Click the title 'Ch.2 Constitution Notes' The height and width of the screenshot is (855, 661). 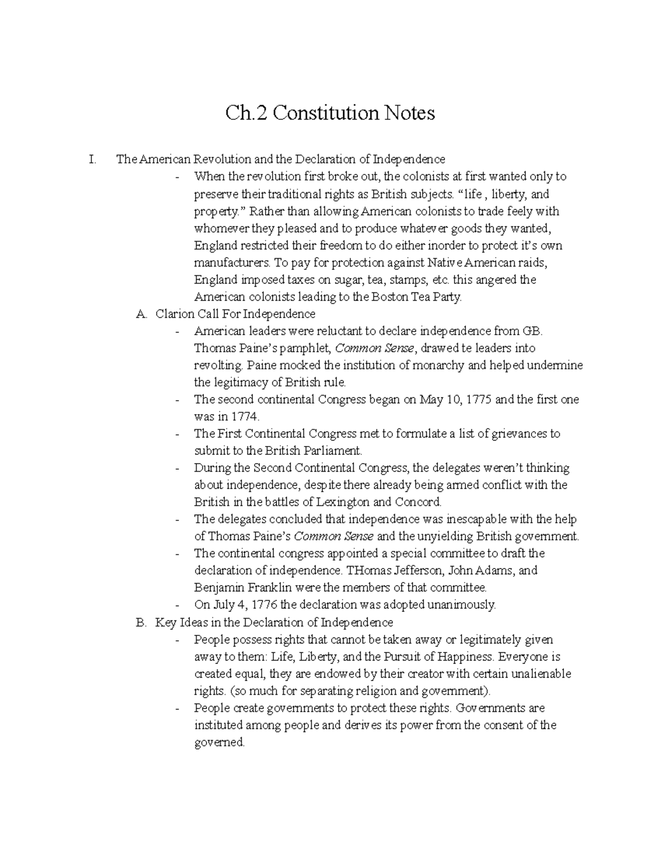pyautogui.click(x=330, y=113)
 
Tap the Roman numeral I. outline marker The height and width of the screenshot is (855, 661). pyautogui.click(x=91, y=160)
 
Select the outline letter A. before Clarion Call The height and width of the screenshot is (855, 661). pyautogui.click(x=142, y=314)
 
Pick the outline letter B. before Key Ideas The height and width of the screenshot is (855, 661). pyautogui.click(x=142, y=622)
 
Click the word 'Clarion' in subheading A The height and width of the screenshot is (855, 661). pyautogui.click(x=174, y=314)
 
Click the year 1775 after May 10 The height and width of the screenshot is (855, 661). pyautogui.click(x=479, y=399)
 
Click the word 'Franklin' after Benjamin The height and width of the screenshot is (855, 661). pyautogui.click(x=264, y=587)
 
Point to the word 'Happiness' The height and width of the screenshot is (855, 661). pyautogui.click(x=469, y=656)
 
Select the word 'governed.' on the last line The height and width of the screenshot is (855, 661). pyautogui.click(x=219, y=742)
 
